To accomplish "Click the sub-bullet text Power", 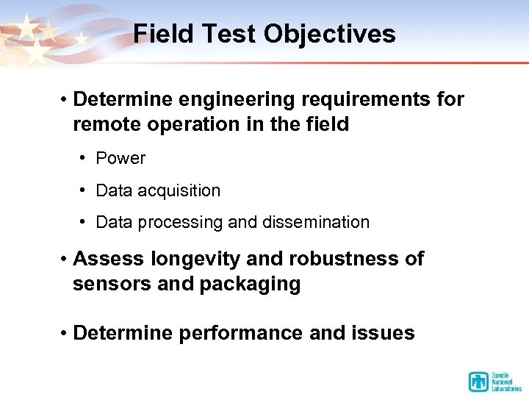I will click(x=120, y=158).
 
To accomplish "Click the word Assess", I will click(x=109, y=259).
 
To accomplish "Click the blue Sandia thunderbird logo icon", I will click(x=478, y=382).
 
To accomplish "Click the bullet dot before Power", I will click(x=84, y=158).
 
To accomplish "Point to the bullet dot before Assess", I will click(x=65, y=259).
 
